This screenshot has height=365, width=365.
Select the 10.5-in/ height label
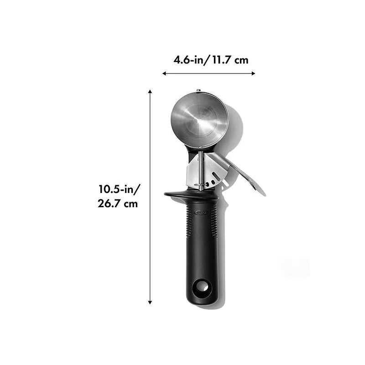pos(120,189)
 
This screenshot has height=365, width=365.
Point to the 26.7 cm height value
pos(118,203)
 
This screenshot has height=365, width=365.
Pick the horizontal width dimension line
pos(209,73)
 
